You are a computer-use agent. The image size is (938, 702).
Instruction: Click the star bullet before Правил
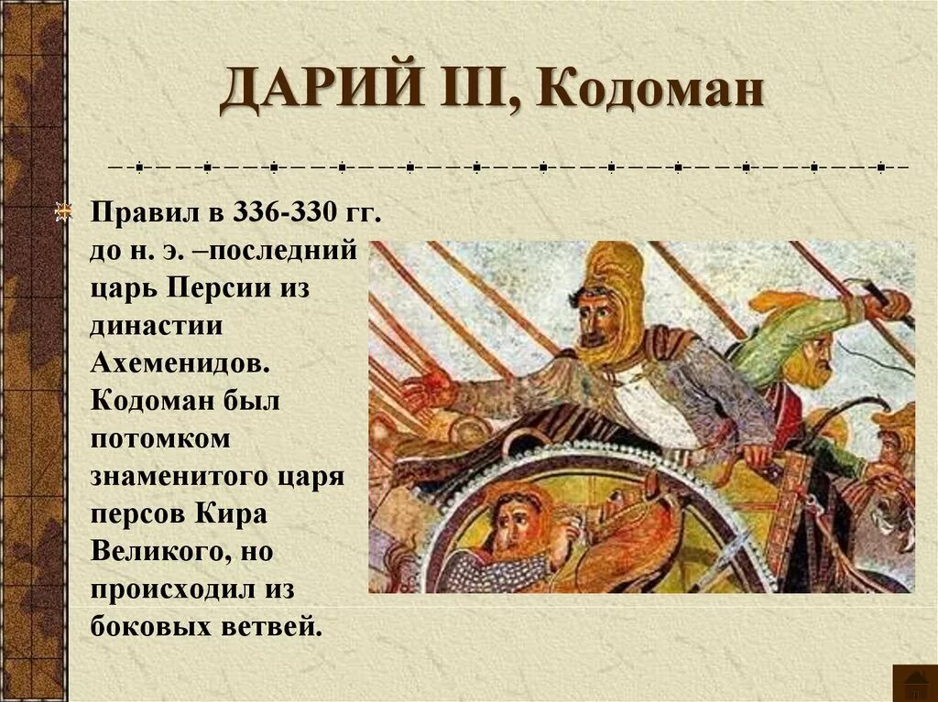coord(63,212)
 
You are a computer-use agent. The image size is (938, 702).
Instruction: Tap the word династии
coord(157,325)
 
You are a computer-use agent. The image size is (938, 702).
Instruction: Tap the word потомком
coord(159,438)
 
